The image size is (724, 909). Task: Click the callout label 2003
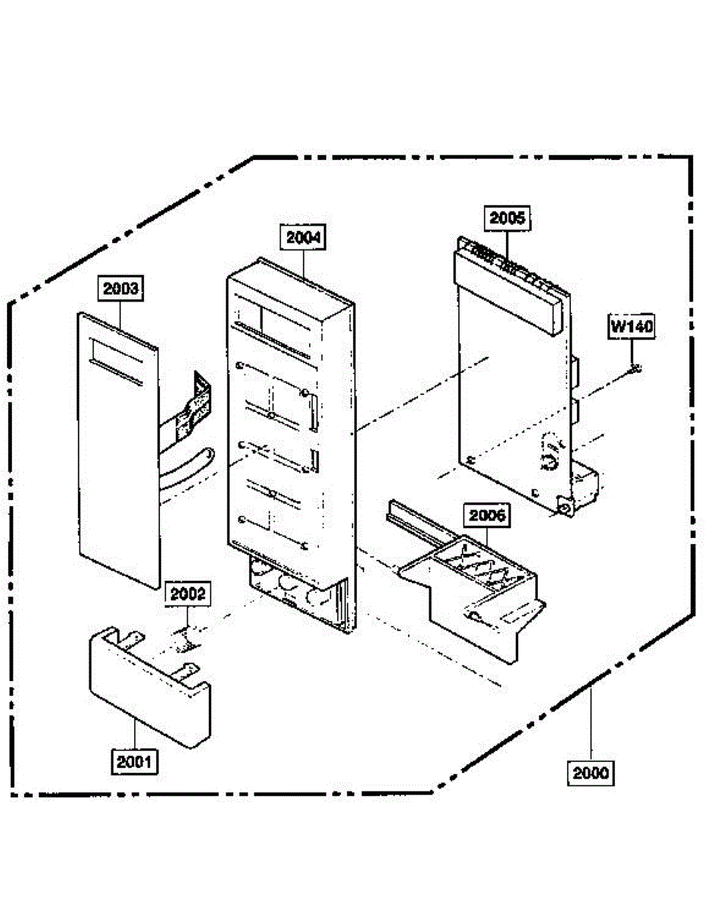(x=121, y=289)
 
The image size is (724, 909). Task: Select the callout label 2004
(x=304, y=237)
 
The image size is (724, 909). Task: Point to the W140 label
(x=632, y=327)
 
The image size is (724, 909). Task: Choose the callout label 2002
(x=187, y=593)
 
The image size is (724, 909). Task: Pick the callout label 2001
(x=136, y=761)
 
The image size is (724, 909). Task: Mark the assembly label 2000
(x=590, y=773)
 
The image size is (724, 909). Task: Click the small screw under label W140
(x=635, y=369)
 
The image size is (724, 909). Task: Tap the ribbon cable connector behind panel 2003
(x=189, y=409)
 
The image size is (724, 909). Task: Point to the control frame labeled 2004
(x=288, y=424)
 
